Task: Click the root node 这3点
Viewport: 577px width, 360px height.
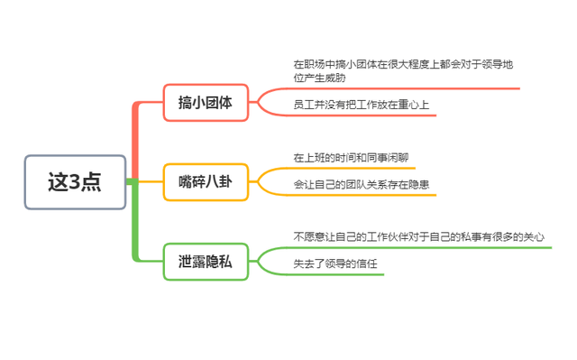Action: (x=75, y=182)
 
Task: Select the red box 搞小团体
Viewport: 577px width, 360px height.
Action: (x=206, y=103)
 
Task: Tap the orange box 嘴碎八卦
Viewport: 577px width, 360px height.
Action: (x=206, y=182)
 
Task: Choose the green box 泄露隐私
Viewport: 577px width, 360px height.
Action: (x=206, y=262)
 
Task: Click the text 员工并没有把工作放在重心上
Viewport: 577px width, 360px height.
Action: (x=361, y=105)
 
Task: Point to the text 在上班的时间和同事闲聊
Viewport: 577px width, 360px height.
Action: (x=350, y=157)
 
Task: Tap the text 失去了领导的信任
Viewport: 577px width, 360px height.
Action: (x=334, y=264)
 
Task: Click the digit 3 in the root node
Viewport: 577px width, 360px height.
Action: (x=75, y=182)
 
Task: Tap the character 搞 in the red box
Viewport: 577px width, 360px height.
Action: (x=185, y=103)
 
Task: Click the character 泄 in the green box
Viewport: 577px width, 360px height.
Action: (x=185, y=262)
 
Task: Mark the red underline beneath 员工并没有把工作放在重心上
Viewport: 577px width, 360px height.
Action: (x=361, y=115)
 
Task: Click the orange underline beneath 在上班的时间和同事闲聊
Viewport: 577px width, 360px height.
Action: (x=352, y=168)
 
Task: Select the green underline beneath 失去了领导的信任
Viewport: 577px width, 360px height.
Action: (x=334, y=274)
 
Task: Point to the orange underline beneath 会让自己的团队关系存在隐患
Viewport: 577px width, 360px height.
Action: (x=361, y=195)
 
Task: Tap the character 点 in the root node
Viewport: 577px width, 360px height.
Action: (x=91, y=182)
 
